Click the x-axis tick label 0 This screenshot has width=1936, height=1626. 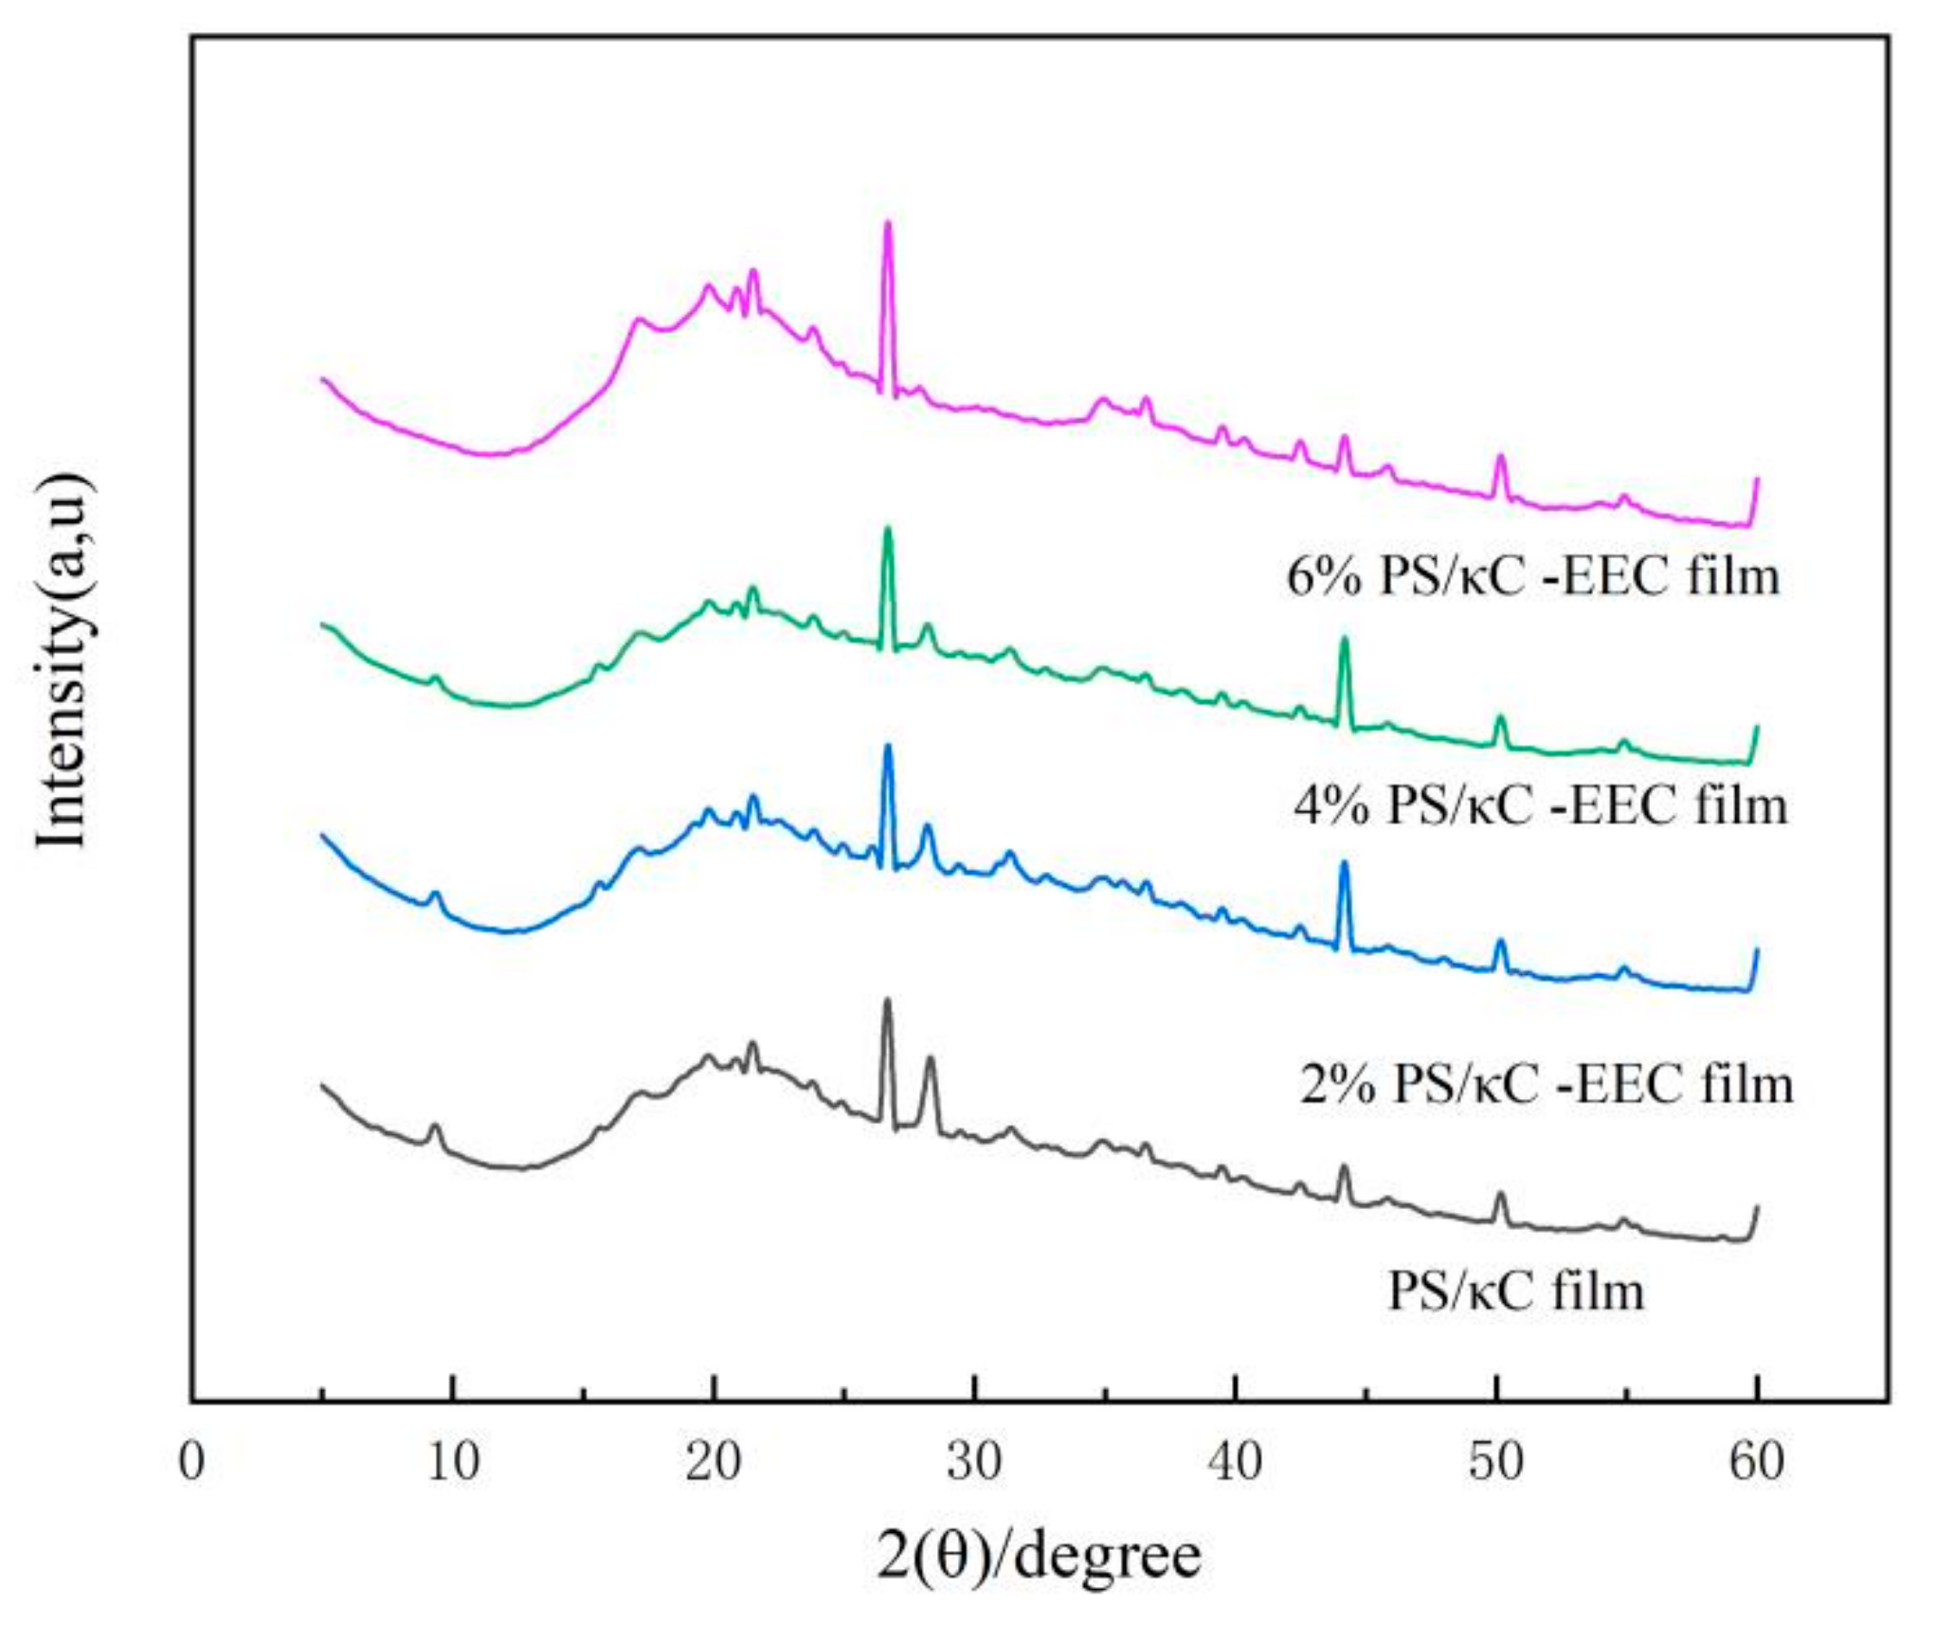click(x=191, y=1462)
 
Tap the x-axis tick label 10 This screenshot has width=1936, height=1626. click(x=452, y=1462)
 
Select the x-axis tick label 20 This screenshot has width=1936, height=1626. click(x=713, y=1462)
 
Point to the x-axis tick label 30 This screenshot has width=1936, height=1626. click(x=974, y=1462)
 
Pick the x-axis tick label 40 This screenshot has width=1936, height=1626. click(x=1235, y=1462)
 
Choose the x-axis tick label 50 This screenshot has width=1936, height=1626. click(x=1495, y=1462)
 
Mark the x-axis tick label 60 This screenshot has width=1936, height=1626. click(x=1756, y=1462)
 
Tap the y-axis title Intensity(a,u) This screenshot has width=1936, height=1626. click(x=64, y=660)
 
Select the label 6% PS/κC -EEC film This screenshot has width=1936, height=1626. click(x=1532, y=576)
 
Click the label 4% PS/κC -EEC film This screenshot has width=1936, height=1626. click(x=1540, y=805)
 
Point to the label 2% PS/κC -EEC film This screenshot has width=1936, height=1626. click(x=1546, y=1083)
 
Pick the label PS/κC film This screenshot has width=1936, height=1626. click(x=1515, y=1291)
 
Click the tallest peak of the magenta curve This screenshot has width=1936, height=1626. click(x=887, y=224)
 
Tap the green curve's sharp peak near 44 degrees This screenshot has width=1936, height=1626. click(x=1343, y=641)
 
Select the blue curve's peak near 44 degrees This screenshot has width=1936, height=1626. click(x=1343, y=864)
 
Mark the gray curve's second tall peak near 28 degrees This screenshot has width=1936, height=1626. click(x=930, y=1059)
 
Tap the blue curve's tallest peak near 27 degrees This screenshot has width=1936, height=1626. click(x=888, y=747)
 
